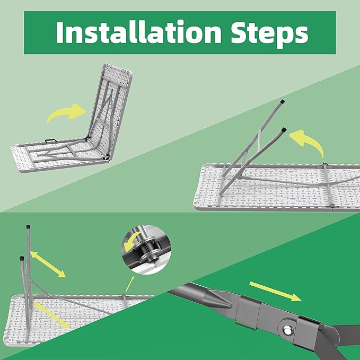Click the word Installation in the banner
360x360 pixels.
click(138, 32)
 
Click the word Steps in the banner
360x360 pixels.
click(269, 34)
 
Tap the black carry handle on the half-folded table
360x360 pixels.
click(51, 141)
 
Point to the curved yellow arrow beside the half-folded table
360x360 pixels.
click(67, 112)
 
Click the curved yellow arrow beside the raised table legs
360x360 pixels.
click(307, 142)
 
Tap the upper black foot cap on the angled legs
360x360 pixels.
click(283, 101)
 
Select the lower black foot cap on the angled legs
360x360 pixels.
click(284, 129)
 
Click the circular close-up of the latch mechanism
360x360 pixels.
click(146, 250)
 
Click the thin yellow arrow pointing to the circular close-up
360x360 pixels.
click(130, 284)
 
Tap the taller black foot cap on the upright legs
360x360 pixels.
click(28, 226)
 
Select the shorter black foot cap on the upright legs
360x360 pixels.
click(22, 258)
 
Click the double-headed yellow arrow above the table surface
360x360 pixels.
click(48, 265)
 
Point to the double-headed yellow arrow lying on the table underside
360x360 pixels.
click(51, 315)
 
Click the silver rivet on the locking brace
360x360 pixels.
click(287, 331)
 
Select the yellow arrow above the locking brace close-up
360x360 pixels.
click(275, 291)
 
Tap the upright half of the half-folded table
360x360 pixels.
click(110, 110)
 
